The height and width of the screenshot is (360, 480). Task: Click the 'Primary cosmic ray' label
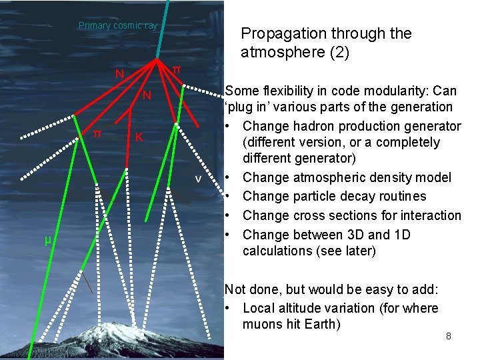click(x=118, y=26)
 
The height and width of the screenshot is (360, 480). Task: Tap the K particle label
click(x=139, y=138)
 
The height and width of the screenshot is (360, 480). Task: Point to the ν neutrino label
click(x=198, y=179)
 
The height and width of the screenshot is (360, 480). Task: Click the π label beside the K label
click(x=96, y=133)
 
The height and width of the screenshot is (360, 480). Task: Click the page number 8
click(x=449, y=336)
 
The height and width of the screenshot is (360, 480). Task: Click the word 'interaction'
click(x=428, y=215)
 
